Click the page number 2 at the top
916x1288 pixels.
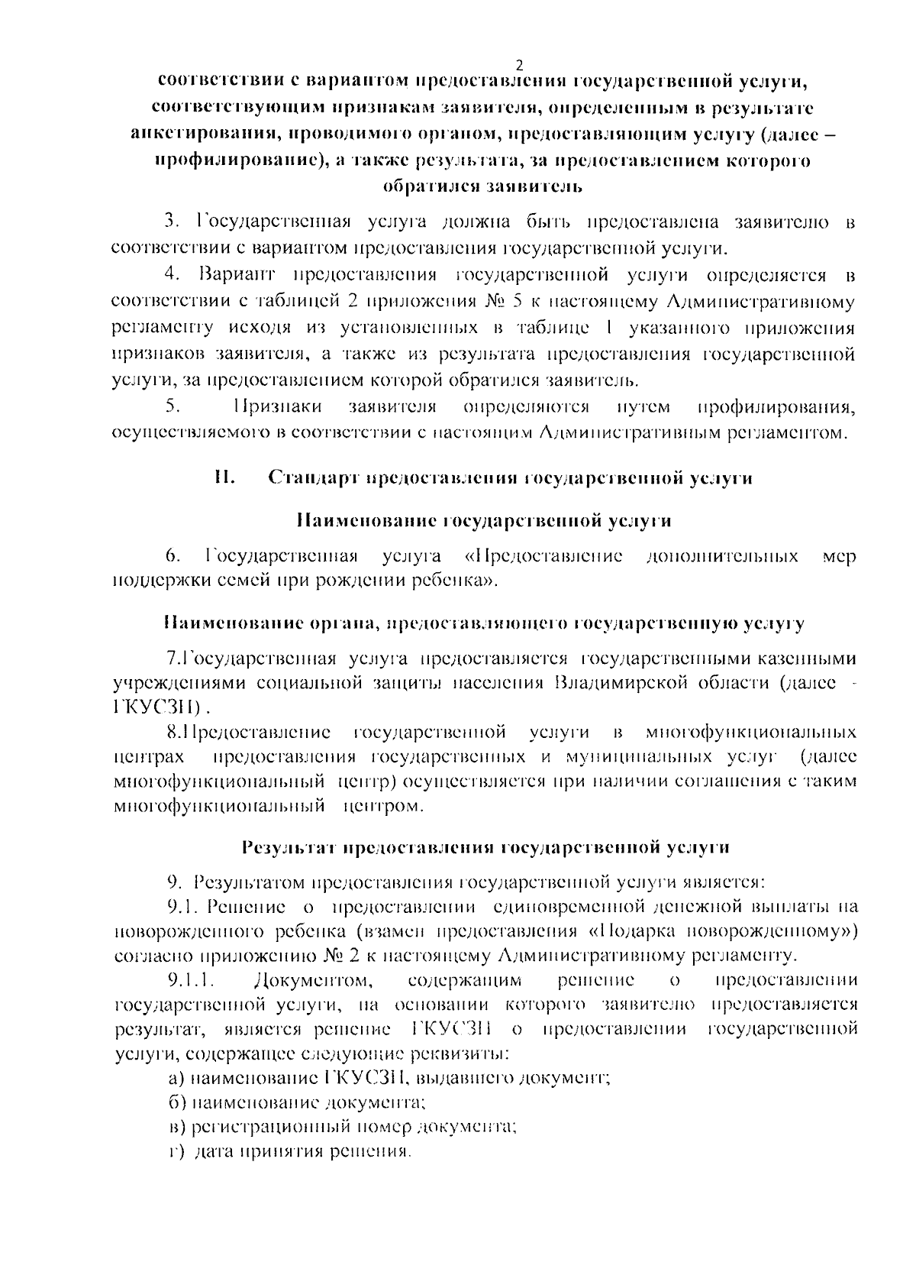tap(520, 64)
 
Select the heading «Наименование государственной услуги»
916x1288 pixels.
tap(483, 521)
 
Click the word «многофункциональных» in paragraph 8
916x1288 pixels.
tap(750, 733)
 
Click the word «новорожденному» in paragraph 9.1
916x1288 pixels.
tap(772, 930)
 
